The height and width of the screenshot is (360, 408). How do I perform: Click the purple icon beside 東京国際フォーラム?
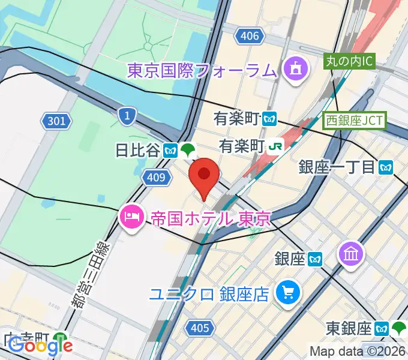point(296,71)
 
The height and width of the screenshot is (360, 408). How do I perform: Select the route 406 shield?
point(250,36)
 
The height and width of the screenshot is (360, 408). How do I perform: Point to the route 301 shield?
point(56,122)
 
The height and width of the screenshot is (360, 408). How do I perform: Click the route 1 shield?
point(127,116)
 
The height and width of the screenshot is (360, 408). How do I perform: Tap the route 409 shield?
point(155,177)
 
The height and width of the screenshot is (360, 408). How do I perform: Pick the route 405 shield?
point(199,328)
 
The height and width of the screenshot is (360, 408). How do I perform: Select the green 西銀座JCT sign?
point(355,119)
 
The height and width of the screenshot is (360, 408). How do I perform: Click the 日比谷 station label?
point(138,150)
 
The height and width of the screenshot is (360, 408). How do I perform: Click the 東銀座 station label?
point(349,328)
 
